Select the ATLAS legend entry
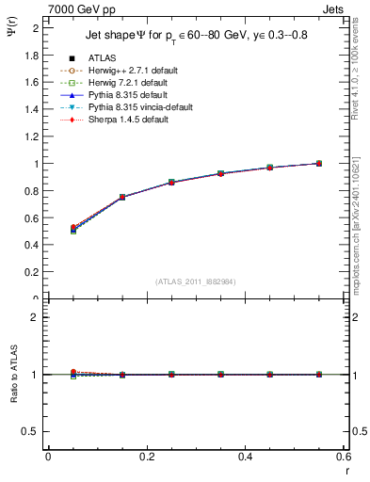(x=103, y=59)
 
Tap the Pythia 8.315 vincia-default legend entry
(x=139, y=107)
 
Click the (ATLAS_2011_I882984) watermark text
(x=196, y=281)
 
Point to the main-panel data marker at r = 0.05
(x=48, y=229)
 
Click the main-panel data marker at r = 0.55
(x=319, y=163)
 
